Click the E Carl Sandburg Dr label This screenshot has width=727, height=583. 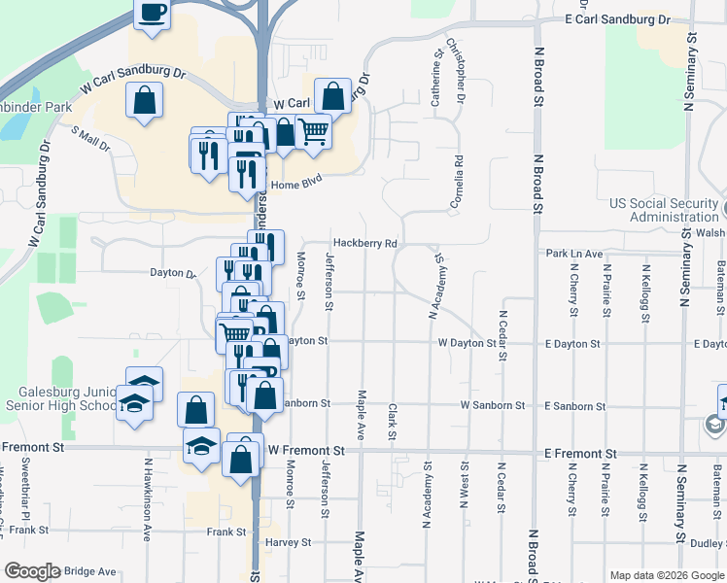[x=618, y=19]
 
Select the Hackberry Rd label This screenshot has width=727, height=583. [x=365, y=243]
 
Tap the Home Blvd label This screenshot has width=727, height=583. [x=295, y=183]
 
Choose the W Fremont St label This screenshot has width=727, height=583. [x=306, y=451]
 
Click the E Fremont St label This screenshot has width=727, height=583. [x=580, y=454]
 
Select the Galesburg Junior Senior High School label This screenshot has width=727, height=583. [x=60, y=398]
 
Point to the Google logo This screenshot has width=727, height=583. [x=32, y=571]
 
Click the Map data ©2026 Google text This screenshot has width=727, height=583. [x=666, y=575]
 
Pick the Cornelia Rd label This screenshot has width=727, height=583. [x=457, y=182]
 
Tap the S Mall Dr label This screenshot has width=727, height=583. [x=91, y=138]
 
